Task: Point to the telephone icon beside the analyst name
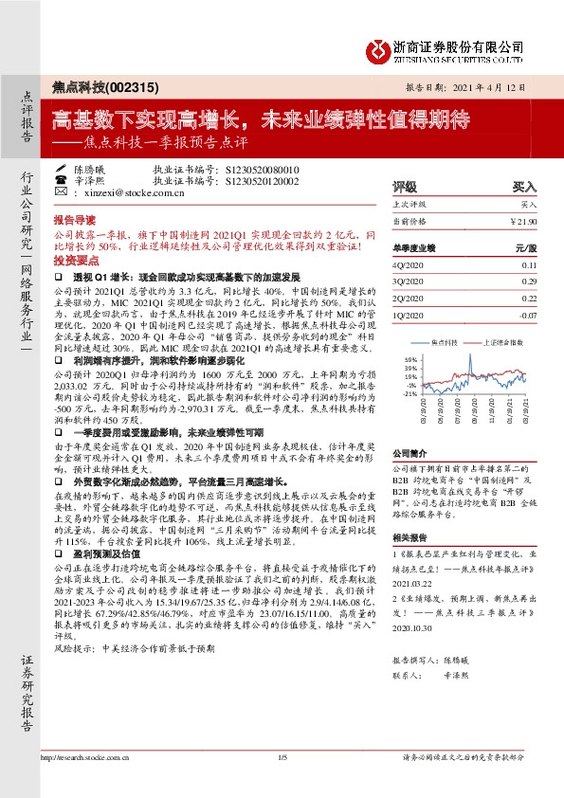(60, 178)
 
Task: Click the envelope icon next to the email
(60, 191)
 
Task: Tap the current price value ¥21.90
(525, 221)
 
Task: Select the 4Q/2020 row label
(408, 266)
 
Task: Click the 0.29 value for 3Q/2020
(530, 281)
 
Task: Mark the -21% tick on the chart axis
(409, 393)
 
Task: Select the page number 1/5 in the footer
(282, 784)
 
